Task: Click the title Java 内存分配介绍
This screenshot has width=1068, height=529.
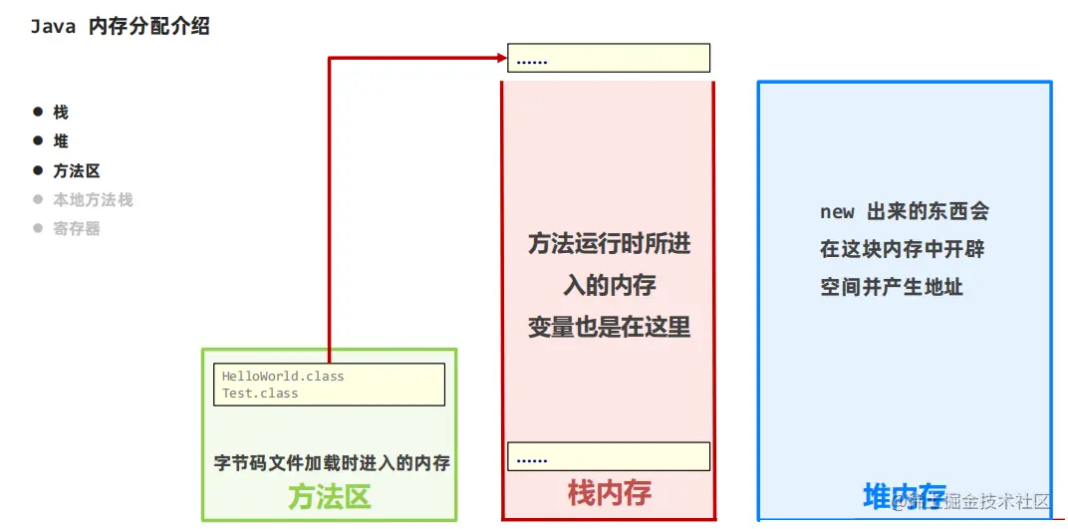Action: click(x=121, y=27)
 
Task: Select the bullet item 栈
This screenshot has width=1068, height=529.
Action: click(x=61, y=113)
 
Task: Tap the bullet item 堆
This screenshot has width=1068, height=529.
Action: click(x=61, y=141)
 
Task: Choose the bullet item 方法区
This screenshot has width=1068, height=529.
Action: click(x=77, y=170)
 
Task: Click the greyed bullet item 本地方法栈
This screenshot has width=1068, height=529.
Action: click(x=93, y=199)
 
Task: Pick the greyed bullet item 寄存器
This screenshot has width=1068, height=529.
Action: click(x=77, y=228)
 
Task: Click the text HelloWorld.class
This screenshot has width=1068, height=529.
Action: click(x=283, y=377)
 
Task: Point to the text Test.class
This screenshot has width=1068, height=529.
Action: click(x=260, y=393)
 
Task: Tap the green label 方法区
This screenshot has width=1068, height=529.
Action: click(x=329, y=496)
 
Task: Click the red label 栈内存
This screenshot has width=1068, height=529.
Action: click(x=609, y=492)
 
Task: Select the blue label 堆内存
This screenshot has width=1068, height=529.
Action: click(x=904, y=495)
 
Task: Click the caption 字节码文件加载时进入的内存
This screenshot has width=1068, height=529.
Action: click(x=332, y=462)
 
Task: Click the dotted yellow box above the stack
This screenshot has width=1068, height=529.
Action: click(x=609, y=58)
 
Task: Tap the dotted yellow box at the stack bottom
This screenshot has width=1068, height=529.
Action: click(x=609, y=456)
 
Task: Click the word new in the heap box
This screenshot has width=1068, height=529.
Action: click(x=837, y=211)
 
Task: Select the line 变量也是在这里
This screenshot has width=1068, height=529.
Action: click(x=609, y=326)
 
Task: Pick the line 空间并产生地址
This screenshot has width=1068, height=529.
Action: click(x=892, y=287)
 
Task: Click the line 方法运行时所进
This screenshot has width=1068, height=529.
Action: click(x=609, y=243)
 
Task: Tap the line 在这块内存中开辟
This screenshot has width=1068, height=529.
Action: click(x=902, y=249)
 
